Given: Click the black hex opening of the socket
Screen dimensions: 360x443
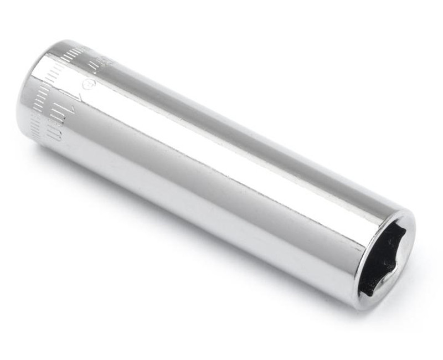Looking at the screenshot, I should (x=382, y=260).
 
